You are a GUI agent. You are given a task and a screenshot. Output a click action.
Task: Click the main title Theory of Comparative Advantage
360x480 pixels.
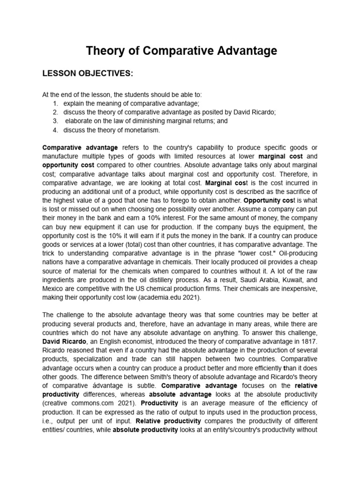point(181,51)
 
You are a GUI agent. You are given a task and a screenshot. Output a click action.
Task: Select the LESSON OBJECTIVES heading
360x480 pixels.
point(88,74)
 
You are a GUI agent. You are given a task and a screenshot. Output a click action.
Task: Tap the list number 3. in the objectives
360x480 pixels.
point(55,120)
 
